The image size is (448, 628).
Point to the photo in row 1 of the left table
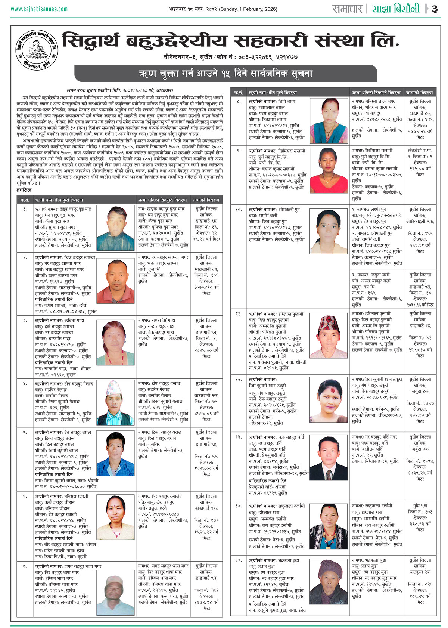pos(115,224)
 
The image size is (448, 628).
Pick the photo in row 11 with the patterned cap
pos(328,336)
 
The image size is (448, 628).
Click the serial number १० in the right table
pos(239,210)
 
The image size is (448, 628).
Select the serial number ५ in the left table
pos(25,432)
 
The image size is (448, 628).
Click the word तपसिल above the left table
pos(25,191)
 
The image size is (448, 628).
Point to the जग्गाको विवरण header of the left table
pos(206,200)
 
